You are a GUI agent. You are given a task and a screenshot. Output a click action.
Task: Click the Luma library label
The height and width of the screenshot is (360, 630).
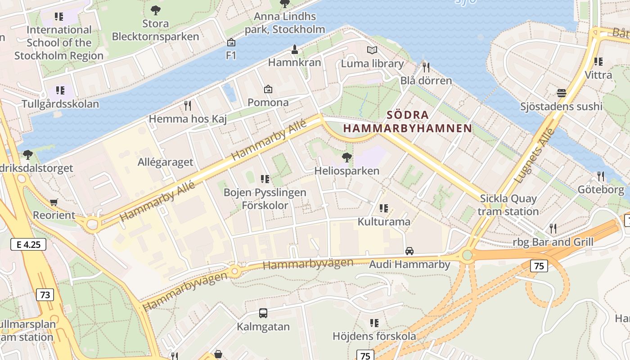pos(372,63)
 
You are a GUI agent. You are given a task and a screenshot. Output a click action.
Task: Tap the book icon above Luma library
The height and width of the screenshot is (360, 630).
pos(372,50)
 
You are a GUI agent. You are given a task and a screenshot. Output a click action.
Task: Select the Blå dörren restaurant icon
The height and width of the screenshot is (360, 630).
pos(426,67)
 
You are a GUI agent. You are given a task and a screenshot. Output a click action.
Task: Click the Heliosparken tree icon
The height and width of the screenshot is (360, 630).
pos(346,157)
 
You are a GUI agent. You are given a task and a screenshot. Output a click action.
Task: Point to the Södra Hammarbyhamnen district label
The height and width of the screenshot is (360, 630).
pos(408,121)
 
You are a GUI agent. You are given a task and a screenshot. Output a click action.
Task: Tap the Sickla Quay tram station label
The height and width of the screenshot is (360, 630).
pos(508,205)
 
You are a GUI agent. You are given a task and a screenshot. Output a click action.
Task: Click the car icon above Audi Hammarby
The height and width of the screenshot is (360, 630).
pos(409,251)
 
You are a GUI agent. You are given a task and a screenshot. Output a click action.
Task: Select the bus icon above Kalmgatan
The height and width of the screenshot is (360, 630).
pos(263,313)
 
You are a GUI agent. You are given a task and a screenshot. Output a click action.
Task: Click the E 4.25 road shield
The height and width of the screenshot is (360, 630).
pos(28,245)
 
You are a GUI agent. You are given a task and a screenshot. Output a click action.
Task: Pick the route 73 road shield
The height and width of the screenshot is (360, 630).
pos(45,295)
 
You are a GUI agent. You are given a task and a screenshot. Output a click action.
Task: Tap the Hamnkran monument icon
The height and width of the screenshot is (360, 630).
pos(295,49)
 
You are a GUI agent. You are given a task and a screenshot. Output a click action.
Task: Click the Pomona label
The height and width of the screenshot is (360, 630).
pos(268,103)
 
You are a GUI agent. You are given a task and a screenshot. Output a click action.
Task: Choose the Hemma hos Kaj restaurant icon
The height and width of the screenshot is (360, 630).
pos(188,106)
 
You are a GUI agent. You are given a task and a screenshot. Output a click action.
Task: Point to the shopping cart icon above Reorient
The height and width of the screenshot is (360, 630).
pos(54,202)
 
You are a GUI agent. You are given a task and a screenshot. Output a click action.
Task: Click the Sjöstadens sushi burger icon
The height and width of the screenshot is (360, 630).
pos(561,93)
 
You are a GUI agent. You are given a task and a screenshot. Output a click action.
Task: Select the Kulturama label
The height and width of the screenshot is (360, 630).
pos(384,222)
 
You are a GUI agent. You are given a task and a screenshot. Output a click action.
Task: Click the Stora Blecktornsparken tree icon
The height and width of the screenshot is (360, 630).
pos(155,10)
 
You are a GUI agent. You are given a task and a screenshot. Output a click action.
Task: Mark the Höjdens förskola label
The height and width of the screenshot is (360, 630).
pos(374,336)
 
